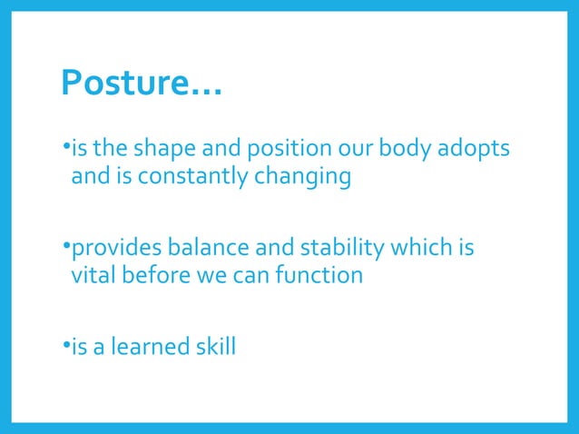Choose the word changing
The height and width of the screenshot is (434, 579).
click(298, 176)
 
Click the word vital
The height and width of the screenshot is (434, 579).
click(93, 275)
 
